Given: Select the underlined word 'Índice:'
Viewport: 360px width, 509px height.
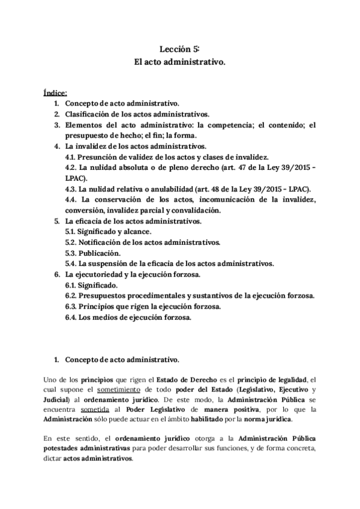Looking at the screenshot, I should pyautogui.click(x=55, y=93).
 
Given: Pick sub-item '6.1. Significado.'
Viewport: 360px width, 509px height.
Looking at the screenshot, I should pyautogui.click(x=91, y=285).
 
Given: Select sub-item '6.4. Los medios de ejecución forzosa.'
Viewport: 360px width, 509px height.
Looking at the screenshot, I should pyautogui.click(x=128, y=318).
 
